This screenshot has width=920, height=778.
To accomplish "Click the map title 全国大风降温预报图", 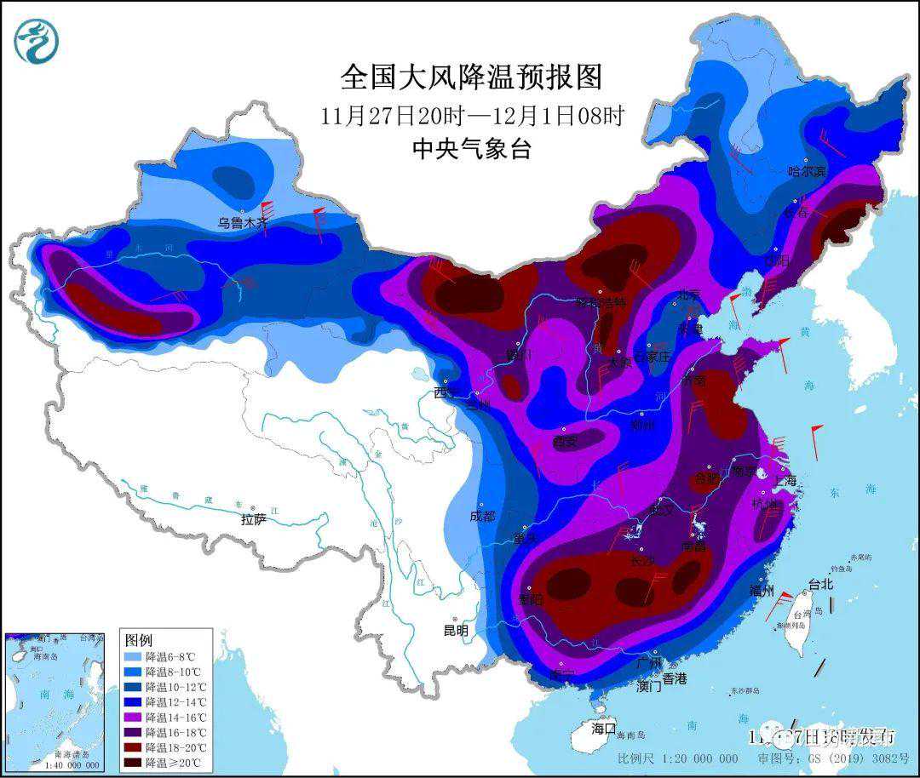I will (471, 77).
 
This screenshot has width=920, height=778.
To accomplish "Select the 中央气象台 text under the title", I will (471, 150).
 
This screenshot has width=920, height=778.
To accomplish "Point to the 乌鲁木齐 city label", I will (242, 223).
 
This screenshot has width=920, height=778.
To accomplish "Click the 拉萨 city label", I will (254, 518).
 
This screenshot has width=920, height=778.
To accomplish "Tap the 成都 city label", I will (481, 516).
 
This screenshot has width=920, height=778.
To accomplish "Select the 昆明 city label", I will (456, 631).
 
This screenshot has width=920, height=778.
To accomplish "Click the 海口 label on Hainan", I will (603, 729).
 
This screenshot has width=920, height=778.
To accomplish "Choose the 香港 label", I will (674, 678).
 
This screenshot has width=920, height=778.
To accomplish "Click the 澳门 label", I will (648, 686).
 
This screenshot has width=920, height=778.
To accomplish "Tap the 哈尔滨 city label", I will (807, 171).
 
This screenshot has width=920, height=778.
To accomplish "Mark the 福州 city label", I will (761, 591).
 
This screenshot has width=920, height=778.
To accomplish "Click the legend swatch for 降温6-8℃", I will (132, 657).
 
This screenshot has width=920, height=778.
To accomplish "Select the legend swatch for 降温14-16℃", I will (132, 717).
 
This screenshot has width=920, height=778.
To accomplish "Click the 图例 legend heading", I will (138, 639).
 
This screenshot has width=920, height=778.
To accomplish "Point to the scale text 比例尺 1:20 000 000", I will (677, 758).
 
